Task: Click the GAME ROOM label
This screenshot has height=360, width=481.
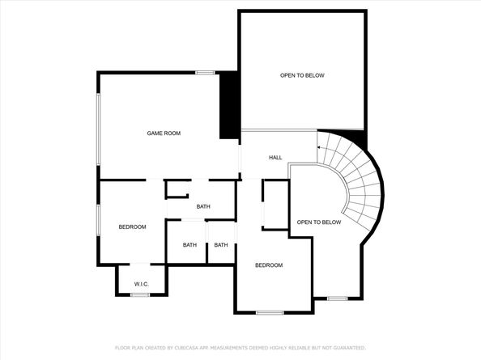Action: click(164, 133)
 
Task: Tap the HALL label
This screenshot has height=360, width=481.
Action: click(275, 158)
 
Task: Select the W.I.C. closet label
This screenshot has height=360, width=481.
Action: click(142, 284)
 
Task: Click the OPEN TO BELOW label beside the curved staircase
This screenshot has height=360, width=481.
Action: click(319, 222)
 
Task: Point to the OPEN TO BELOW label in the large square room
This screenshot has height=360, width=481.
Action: click(302, 75)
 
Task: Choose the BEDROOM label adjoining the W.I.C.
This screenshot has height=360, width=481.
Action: click(132, 227)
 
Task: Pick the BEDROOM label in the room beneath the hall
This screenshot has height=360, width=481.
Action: click(269, 265)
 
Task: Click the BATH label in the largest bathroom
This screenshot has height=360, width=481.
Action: click(203, 206)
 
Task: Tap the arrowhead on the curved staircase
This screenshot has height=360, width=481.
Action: click(319, 147)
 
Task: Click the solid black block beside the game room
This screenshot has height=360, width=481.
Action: click(229, 105)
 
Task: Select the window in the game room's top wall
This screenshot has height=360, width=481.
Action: click(206, 73)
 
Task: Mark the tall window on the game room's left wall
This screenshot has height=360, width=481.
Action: click(99, 129)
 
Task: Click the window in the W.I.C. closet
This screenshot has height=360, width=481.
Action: click(140, 295)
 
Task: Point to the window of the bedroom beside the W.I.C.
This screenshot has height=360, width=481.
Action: click(99, 220)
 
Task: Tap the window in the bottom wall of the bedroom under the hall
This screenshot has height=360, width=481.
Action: click(270, 313)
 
